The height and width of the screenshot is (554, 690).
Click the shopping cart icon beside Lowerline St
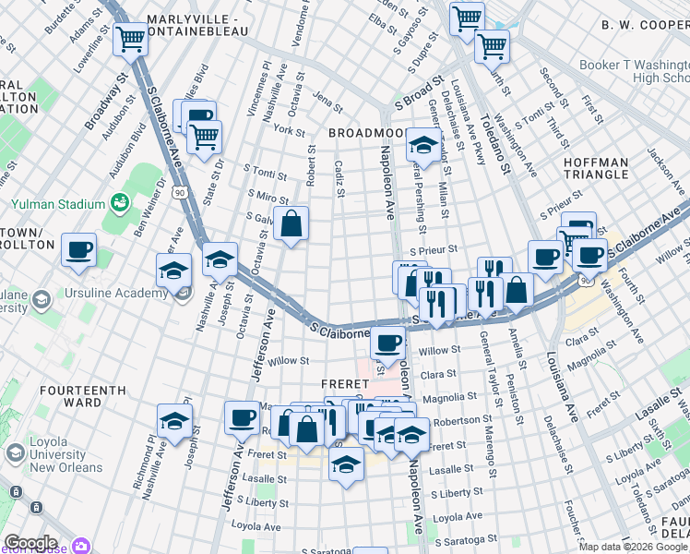click(132, 39)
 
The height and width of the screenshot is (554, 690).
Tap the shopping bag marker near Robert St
click(291, 223)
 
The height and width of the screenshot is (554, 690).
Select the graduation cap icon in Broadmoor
click(423, 145)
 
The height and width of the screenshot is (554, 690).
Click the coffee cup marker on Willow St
click(388, 343)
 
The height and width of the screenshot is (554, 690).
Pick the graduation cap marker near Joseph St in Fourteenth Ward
click(174, 422)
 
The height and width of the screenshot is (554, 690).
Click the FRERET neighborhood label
click(345, 382)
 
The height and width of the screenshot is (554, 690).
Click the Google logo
click(30, 543)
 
